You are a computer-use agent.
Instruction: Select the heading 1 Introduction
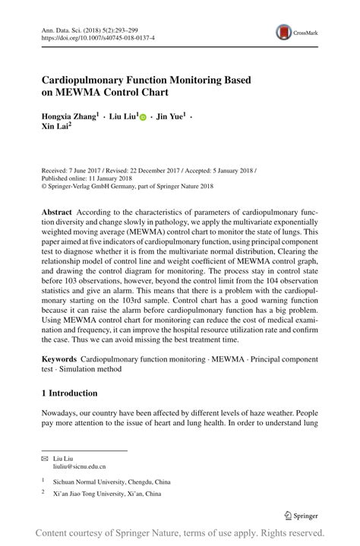tap(69, 393)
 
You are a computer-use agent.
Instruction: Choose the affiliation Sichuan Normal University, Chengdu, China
tap(111, 481)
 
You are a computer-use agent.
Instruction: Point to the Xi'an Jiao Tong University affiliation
tap(106, 494)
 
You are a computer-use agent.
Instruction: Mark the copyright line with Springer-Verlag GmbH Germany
tap(127, 186)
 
